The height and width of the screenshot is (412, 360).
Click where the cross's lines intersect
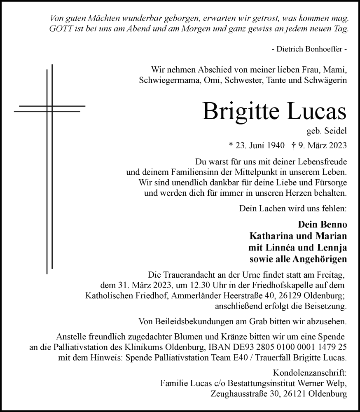tap(49, 109)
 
